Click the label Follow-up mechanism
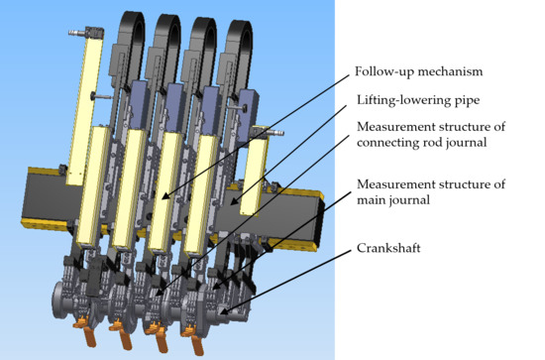[x=418, y=71]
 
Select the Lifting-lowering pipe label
[x=418, y=100]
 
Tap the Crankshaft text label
[x=388, y=248]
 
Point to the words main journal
[x=393, y=200]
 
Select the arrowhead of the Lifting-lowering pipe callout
[x=235, y=201]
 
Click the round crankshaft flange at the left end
[x=59, y=300]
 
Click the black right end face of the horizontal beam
[x=320, y=222]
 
